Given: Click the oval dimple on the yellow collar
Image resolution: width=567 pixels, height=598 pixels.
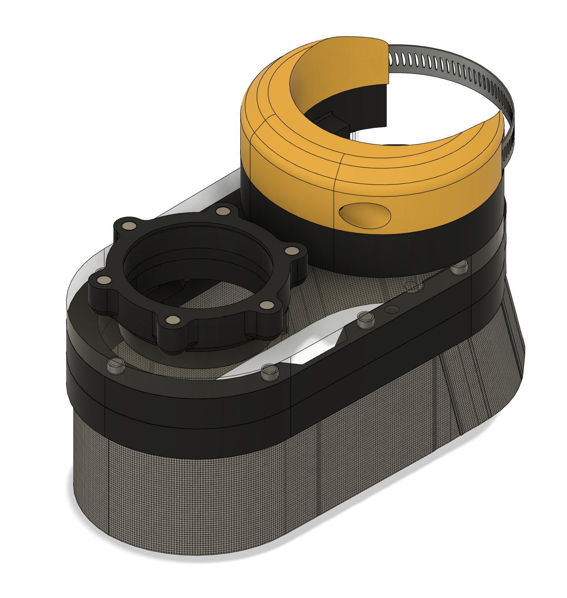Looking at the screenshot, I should coord(365,215).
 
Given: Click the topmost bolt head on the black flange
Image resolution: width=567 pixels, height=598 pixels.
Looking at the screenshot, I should coord(223,211).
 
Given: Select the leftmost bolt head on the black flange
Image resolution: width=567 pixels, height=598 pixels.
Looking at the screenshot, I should coord(103,281).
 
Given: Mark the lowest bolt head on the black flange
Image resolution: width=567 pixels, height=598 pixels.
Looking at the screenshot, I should coord(173,320).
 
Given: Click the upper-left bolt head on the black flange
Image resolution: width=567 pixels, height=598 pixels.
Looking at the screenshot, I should coord(128,225).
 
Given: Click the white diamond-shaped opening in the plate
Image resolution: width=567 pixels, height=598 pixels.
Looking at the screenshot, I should coord(319,344).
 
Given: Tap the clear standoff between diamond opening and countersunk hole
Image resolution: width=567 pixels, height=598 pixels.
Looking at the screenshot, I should coord(365,319).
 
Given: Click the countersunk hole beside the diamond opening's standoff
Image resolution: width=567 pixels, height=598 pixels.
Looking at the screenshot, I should coord(392,310).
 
